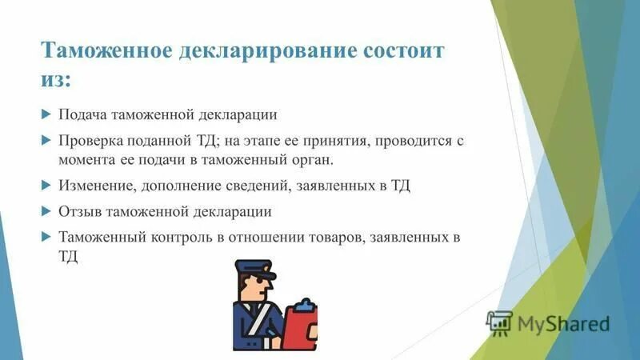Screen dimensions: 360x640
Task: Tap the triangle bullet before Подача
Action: pos(46,114)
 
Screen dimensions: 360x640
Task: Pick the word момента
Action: pos(86,160)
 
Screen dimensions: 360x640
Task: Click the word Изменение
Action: pos(94,186)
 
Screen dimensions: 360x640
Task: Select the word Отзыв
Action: pos(78,212)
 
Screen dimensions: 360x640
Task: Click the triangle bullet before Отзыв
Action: pos(46,212)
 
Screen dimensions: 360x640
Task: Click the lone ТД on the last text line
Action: pos(68,258)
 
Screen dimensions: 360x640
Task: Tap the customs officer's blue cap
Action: pos(254,268)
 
